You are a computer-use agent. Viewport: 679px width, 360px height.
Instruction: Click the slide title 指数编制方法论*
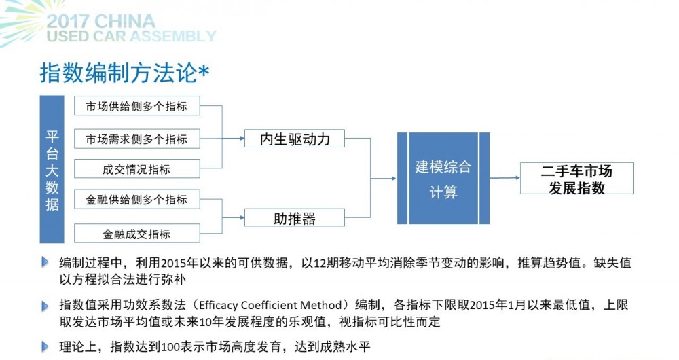tap(125, 73)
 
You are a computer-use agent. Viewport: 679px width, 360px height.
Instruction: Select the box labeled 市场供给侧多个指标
tap(137, 106)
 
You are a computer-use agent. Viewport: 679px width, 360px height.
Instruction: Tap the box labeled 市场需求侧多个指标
tap(137, 139)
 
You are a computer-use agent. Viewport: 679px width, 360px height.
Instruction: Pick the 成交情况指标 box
tap(137, 168)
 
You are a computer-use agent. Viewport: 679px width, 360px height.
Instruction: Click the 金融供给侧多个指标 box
tap(137, 199)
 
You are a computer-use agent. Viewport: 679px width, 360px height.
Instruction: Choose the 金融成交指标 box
tap(137, 233)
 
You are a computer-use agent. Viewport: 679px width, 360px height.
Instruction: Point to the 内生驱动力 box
tap(295, 139)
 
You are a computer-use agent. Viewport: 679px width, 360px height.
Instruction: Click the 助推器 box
tap(295, 217)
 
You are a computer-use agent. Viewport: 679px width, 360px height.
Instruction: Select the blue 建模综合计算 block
tap(443, 178)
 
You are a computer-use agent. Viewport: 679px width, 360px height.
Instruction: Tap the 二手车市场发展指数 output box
tap(576, 178)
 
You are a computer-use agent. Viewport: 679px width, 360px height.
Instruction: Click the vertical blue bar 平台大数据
tap(52, 169)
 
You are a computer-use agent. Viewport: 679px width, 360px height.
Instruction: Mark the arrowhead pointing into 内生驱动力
tap(242, 139)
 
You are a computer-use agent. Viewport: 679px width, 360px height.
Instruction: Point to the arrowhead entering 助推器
tap(242, 217)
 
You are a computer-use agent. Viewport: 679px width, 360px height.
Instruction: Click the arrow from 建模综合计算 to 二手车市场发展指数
tap(505, 177)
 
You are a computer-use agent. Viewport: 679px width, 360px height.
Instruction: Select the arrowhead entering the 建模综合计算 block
tap(394, 178)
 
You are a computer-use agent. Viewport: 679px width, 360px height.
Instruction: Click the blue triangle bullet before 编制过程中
tap(45, 262)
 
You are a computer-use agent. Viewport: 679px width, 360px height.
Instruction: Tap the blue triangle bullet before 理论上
tap(45, 346)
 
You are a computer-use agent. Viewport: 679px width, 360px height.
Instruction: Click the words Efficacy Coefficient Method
tap(270, 306)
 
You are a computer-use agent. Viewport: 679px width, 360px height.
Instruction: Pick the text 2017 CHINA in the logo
tap(100, 21)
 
